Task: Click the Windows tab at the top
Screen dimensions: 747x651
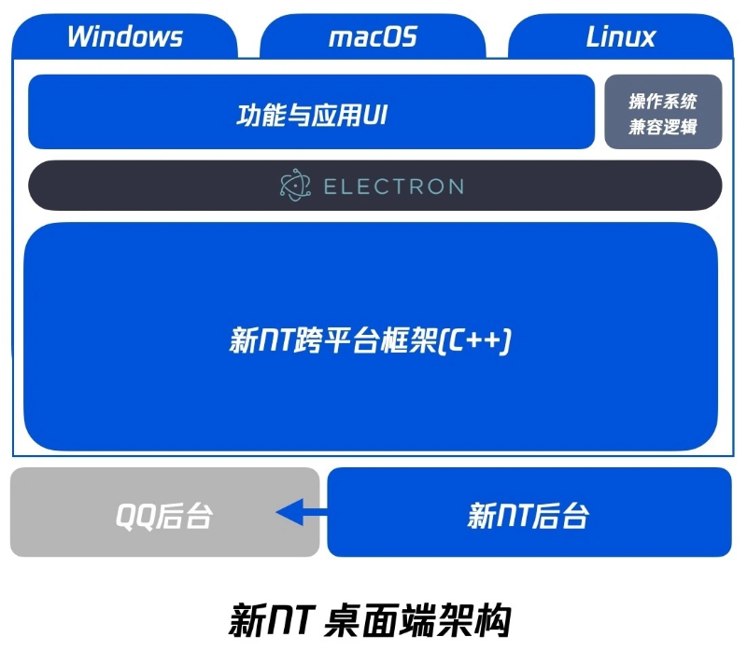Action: [125, 36]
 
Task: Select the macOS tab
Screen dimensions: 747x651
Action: [373, 36]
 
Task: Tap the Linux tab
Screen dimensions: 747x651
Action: [621, 36]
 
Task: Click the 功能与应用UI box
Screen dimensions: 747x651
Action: [312, 112]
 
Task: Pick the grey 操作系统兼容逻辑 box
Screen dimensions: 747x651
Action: [663, 112]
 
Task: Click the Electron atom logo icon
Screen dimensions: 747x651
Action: [295, 185]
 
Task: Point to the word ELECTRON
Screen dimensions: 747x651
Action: [394, 187]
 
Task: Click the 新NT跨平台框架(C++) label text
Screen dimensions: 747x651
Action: [371, 340]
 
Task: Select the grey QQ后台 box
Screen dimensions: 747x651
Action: [165, 512]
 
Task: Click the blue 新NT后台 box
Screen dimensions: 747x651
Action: [529, 512]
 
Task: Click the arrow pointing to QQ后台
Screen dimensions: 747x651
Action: [302, 512]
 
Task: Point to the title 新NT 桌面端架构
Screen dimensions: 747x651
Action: [371, 620]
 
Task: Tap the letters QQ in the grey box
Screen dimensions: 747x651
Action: [135, 516]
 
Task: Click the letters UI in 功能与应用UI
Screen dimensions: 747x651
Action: [375, 115]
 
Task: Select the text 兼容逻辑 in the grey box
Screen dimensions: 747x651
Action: [663, 127]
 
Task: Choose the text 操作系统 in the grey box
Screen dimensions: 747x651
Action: [663, 101]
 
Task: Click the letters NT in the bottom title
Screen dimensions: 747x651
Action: [291, 620]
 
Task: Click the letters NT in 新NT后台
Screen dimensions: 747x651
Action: [514, 516]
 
